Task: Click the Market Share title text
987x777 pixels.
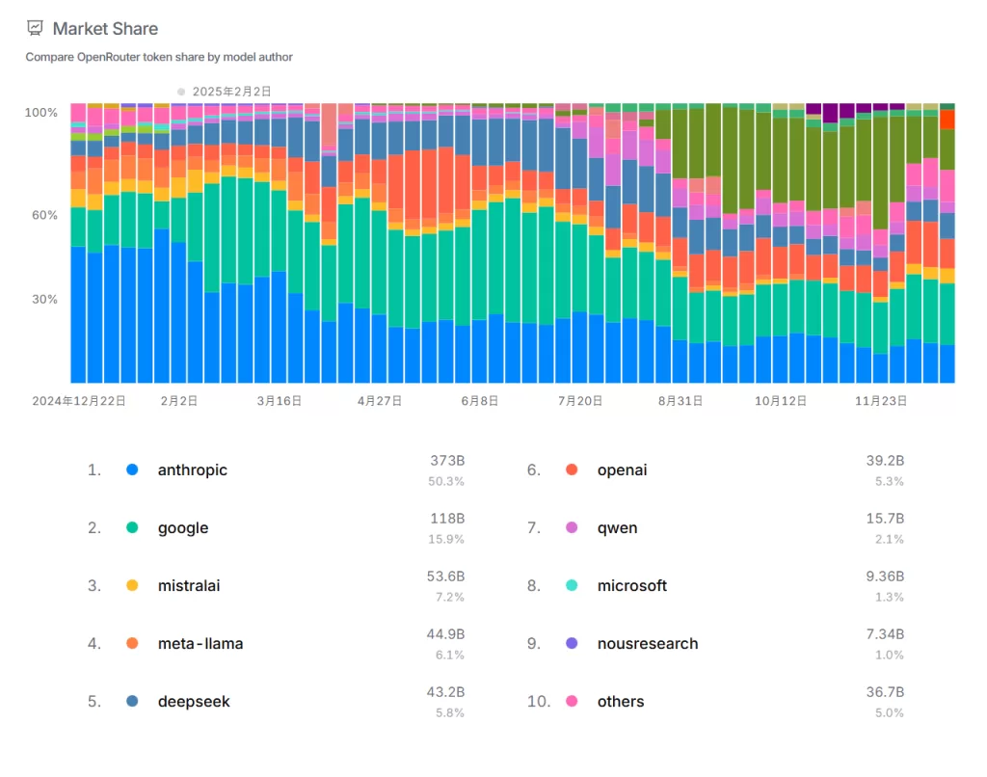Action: [105, 29]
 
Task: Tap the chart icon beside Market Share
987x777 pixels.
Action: [35, 29]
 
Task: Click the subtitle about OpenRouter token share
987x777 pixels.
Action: [159, 57]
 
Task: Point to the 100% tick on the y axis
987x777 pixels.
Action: [41, 113]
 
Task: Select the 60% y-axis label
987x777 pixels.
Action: [43, 215]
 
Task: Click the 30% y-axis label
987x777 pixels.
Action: [43, 300]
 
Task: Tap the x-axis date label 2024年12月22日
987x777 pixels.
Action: [79, 400]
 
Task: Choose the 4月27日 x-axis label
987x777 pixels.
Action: [379, 400]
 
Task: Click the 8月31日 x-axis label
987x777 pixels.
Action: [680, 400]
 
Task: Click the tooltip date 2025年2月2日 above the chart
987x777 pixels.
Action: [231, 92]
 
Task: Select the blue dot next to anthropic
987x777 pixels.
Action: [132, 470]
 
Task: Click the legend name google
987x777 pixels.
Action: [183, 528]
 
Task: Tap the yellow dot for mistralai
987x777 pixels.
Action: [132, 586]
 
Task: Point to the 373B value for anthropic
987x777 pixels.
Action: [447, 462]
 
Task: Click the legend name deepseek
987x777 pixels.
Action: [194, 702]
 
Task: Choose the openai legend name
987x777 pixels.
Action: [622, 470]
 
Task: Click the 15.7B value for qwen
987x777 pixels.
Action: [885, 520]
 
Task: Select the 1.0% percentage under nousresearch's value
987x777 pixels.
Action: [889, 656]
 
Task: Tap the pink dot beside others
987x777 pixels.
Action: [572, 702]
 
